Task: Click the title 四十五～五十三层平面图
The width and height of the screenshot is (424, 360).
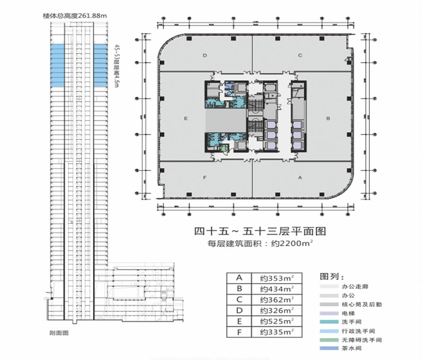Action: click(259, 231)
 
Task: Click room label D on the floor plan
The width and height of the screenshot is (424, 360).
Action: click(205, 55)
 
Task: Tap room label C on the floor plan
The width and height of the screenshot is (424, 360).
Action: click(300, 55)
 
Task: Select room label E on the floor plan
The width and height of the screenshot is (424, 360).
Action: click(185, 118)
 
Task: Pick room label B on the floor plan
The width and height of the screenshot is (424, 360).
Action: click(329, 118)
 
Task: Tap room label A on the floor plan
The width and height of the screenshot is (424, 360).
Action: click(300, 178)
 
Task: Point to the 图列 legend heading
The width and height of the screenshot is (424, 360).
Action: click(332, 277)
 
